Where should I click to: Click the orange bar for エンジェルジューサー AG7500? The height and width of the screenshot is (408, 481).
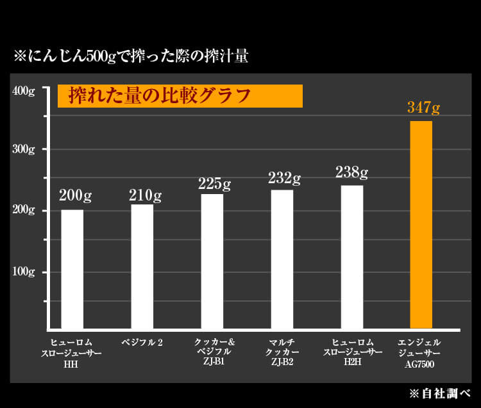point(421,224)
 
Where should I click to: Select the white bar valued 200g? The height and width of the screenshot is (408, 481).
point(72,269)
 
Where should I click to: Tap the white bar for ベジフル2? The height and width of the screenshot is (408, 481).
point(142,266)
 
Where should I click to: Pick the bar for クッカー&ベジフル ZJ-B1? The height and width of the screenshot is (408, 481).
point(212,261)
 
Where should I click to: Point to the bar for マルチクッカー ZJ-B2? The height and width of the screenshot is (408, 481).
point(282,259)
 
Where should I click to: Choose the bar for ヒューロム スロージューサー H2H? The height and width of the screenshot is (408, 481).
point(351,257)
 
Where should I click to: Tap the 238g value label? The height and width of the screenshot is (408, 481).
point(351,172)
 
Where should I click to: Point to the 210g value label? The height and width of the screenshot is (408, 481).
point(145,194)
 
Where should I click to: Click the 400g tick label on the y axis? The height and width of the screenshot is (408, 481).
point(24,90)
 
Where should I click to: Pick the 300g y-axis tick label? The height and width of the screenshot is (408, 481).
point(24,149)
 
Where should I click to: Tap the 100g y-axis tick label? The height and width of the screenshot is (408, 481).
point(24,272)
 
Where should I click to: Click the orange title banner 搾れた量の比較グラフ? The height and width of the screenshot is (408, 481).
point(180,96)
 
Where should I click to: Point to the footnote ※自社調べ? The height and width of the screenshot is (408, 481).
point(439,392)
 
